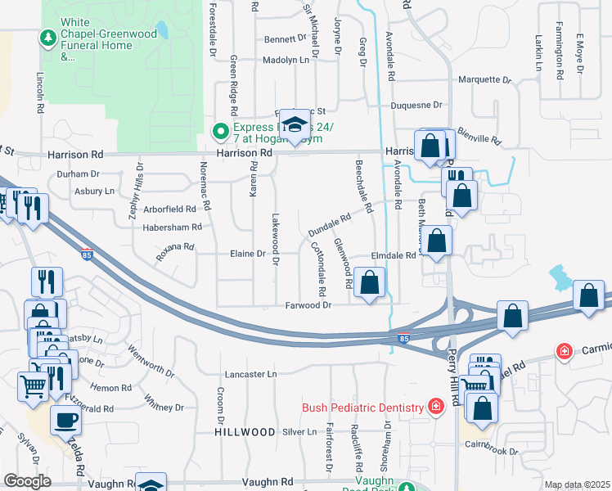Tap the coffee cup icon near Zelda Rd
tap(65, 420)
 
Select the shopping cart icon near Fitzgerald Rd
tap(33, 384)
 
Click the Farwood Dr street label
tap(308, 305)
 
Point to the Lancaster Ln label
tap(250, 374)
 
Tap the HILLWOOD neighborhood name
tap(245, 431)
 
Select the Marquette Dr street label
tap(484, 80)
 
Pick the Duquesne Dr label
tap(416, 105)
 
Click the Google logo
tap(27, 481)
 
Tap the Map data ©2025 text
tap(576, 484)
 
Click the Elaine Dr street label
tap(250, 255)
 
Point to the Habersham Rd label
tap(173, 227)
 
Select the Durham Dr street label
tap(78, 173)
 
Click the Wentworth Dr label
tap(151, 361)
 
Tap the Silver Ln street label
tap(299, 431)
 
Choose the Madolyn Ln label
tap(286, 60)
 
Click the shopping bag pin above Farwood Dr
tap(370, 284)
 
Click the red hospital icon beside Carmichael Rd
tap(564, 351)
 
